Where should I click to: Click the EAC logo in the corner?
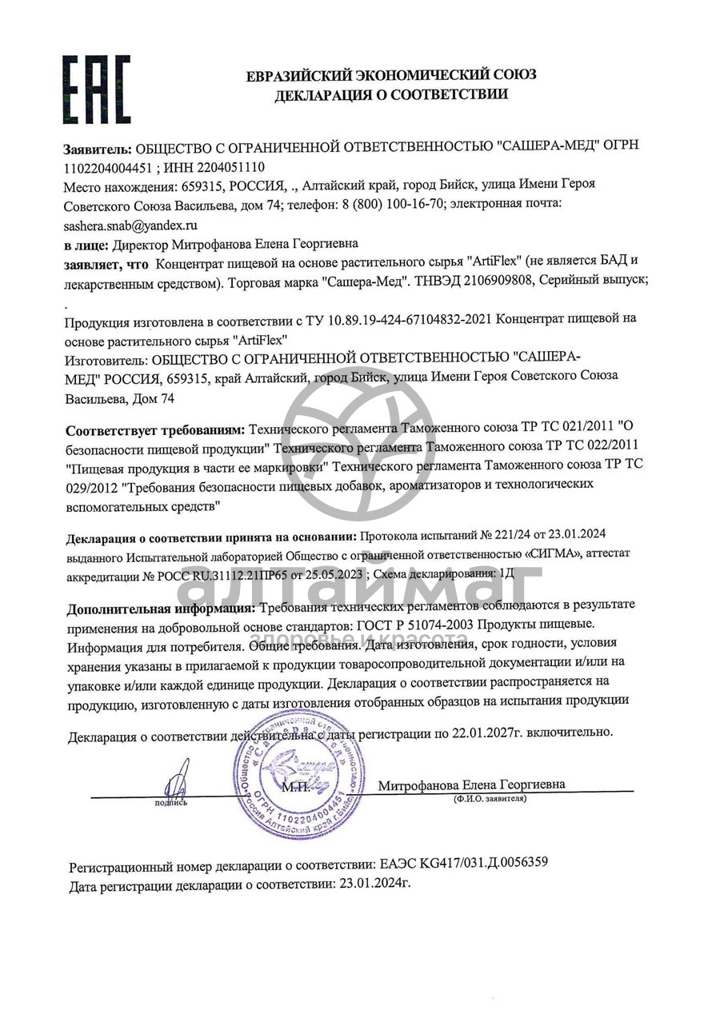click(x=96, y=89)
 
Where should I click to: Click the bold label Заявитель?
click(x=97, y=148)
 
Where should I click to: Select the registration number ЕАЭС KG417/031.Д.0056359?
click(x=463, y=864)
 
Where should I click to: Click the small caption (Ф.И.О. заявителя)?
click(x=490, y=799)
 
